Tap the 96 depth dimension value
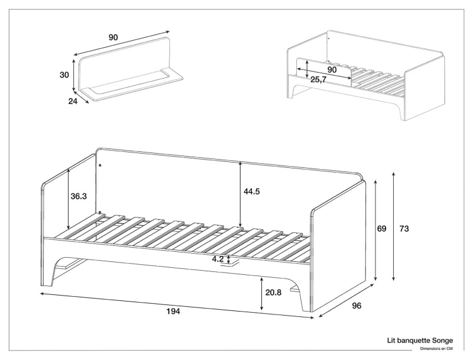pyautogui.click(x=357, y=306)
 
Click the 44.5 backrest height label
pyautogui.click(x=252, y=191)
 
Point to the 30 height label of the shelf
pyautogui.click(x=65, y=74)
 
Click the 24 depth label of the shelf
pyautogui.click(x=73, y=101)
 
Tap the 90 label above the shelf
pyautogui.click(x=113, y=37)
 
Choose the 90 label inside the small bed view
pyautogui.click(x=332, y=69)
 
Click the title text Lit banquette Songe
pyautogui.click(x=420, y=340)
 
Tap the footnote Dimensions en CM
pyautogui.click(x=436, y=349)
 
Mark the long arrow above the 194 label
pyautogui.click(x=177, y=304)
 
